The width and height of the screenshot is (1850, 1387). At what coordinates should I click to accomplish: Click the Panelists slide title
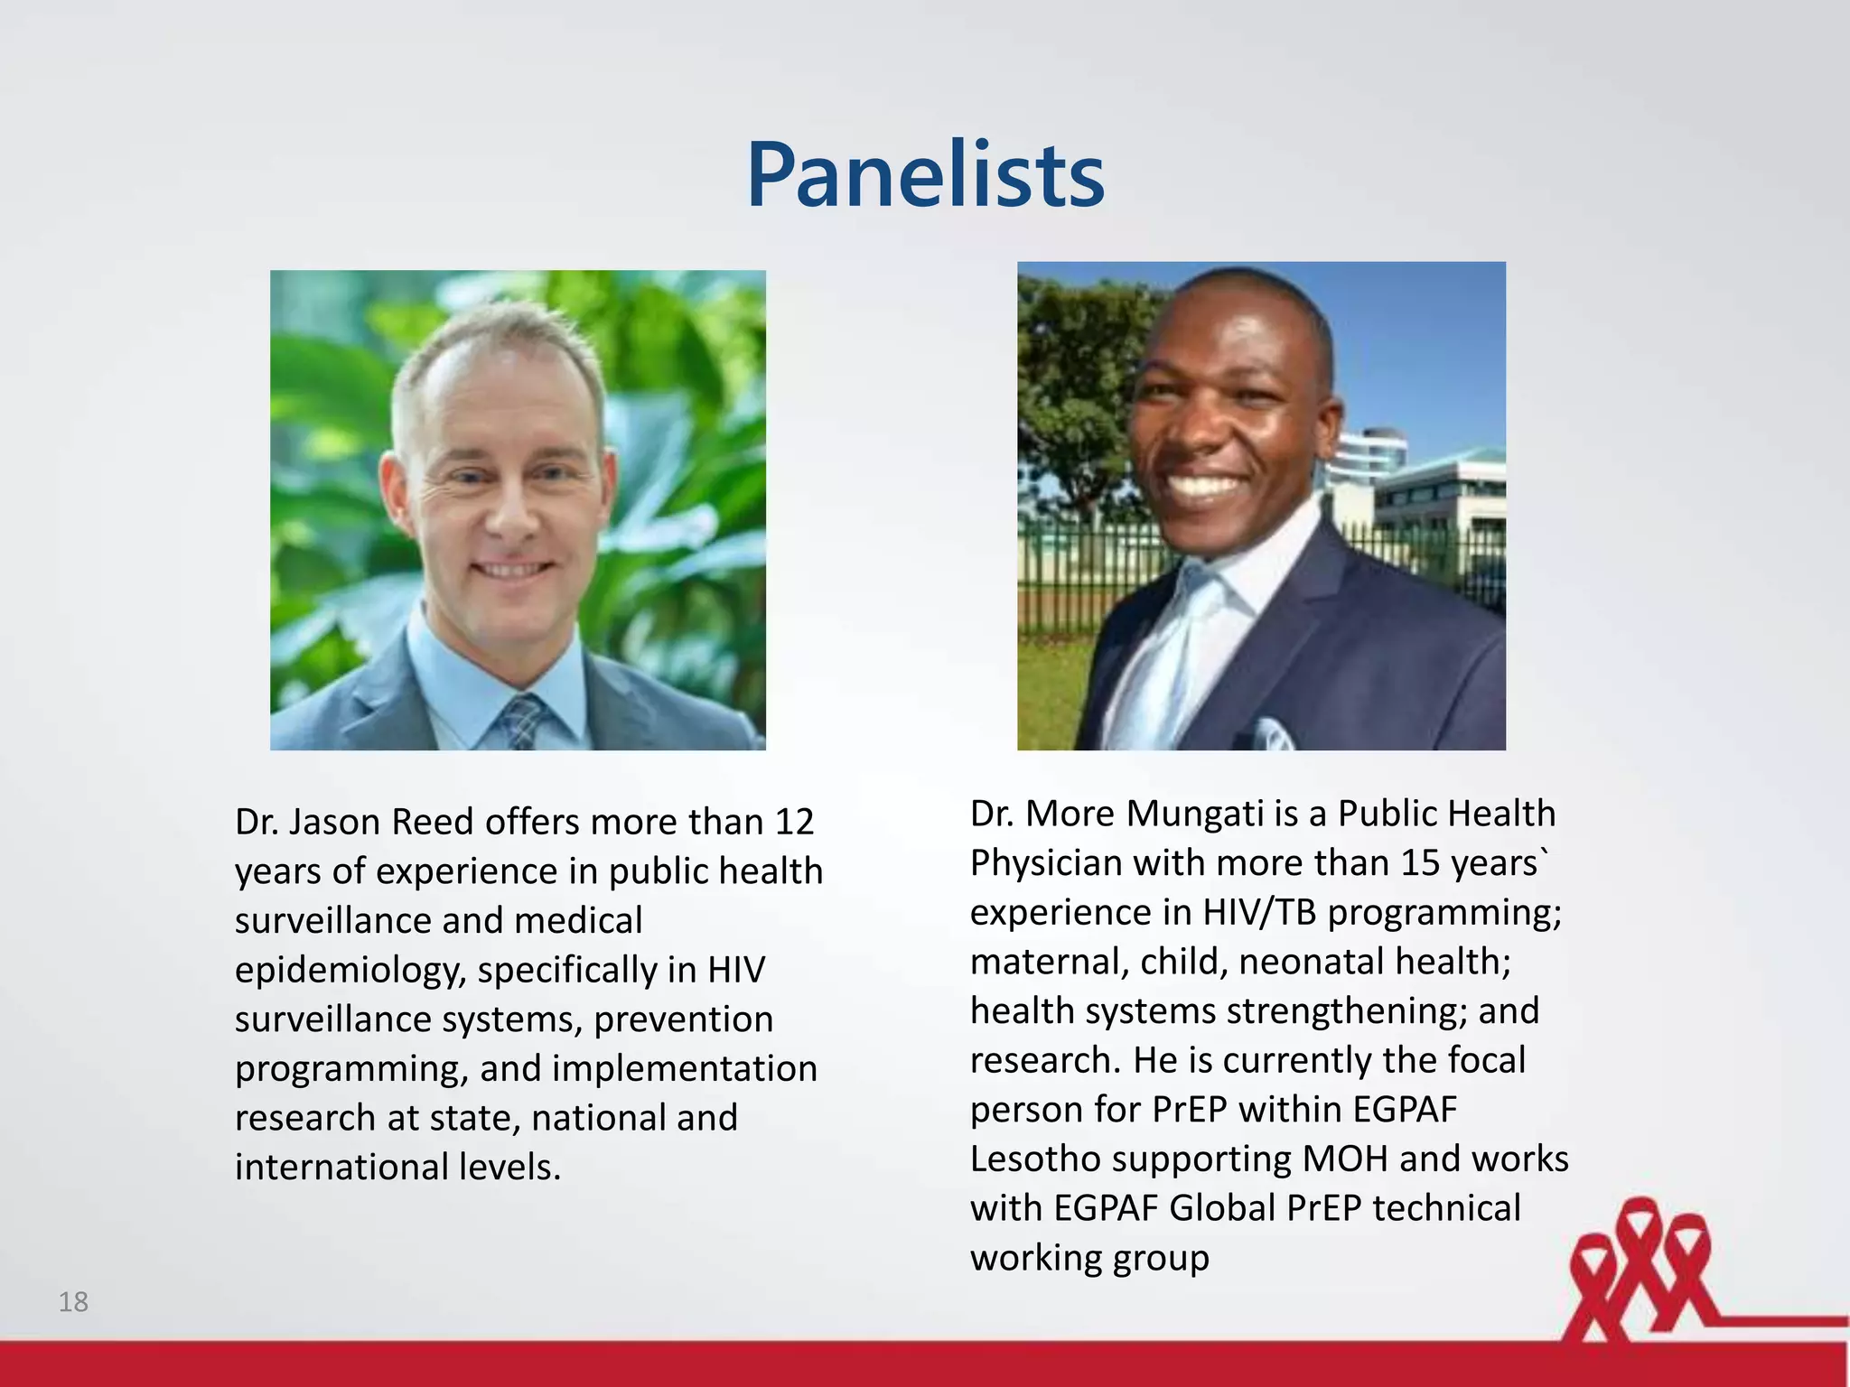pos(925,175)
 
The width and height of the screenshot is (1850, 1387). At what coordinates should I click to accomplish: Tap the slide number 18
pos(73,1301)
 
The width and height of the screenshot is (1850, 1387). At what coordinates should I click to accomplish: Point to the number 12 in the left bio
pos(794,822)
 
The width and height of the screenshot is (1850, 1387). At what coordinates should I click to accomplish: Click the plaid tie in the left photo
pos(522,721)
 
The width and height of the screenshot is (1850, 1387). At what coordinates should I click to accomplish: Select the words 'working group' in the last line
pos(1089,1258)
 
